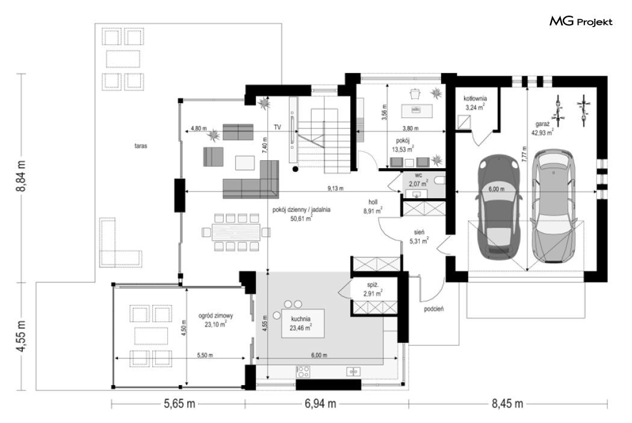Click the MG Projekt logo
click(581, 22)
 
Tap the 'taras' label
click(141, 146)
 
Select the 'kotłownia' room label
click(476, 98)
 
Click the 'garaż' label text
click(540, 124)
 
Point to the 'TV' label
click(277, 127)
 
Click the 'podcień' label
click(434, 309)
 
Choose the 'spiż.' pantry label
click(372, 285)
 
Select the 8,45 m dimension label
click(507, 404)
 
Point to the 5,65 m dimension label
click(179, 404)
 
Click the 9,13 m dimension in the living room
click(335, 188)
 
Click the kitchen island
click(303, 324)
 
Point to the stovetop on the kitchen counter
click(303, 372)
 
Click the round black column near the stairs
click(296, 169)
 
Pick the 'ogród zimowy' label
click(215, 316)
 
